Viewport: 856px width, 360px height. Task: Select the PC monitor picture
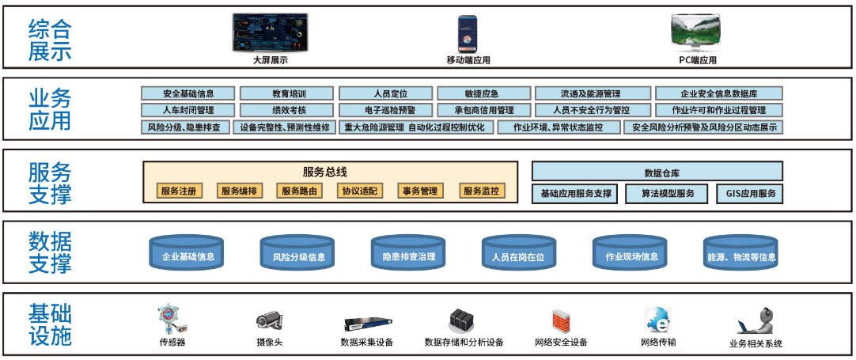click(697, 32)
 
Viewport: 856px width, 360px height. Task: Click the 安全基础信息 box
click(188, 93)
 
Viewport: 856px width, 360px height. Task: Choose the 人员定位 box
click(385, 93)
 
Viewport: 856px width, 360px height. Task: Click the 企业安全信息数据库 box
click(718, 93)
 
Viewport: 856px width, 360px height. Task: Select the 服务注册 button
click(177, 191)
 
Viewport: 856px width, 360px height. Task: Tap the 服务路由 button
click(300, 191)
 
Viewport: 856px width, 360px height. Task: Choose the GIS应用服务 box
click(750, 193)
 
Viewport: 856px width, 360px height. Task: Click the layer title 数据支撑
click(50, 252)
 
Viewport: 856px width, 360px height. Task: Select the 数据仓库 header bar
click(657, 172)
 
